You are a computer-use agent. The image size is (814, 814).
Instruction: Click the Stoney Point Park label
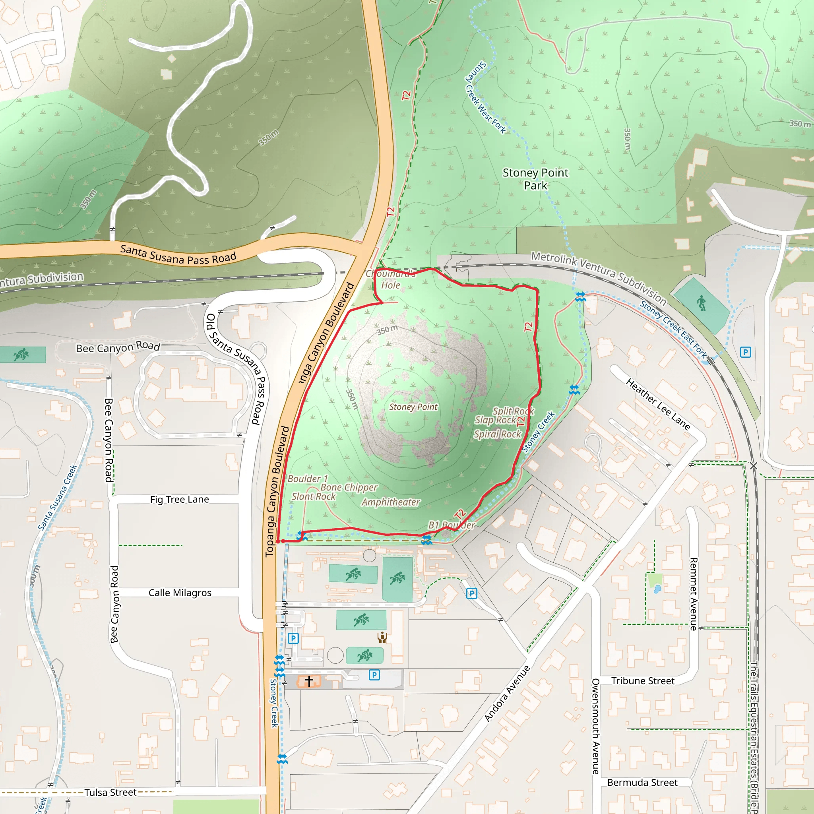[535, 179]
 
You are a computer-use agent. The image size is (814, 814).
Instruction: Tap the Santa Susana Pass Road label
[178, 255]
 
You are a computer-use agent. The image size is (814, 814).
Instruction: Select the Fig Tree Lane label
[180, 499]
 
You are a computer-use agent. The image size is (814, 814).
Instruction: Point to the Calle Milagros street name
[180, 593]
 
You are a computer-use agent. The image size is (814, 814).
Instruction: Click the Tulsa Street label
[110, 793]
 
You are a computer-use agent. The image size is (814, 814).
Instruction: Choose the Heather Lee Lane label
[658, 404]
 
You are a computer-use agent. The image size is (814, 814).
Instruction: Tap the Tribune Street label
[643, 681]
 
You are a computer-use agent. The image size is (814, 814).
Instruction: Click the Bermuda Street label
[642, 782]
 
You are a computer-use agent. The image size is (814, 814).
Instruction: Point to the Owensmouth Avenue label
[595, 727]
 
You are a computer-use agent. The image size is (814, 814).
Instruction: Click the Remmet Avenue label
[693, 594]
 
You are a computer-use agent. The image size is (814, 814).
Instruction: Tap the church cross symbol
[309, 681]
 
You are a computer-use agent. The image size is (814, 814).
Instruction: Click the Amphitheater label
[391, 502]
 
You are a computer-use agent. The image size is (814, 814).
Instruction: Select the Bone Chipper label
[349, 487]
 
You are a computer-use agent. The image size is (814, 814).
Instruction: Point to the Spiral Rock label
[498, 434]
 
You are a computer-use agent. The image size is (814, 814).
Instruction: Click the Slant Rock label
[314, 497]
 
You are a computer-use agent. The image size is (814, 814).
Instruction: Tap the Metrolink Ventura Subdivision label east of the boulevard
[599, 278]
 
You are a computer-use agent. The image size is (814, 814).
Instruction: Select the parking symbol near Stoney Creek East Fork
[745, 352]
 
